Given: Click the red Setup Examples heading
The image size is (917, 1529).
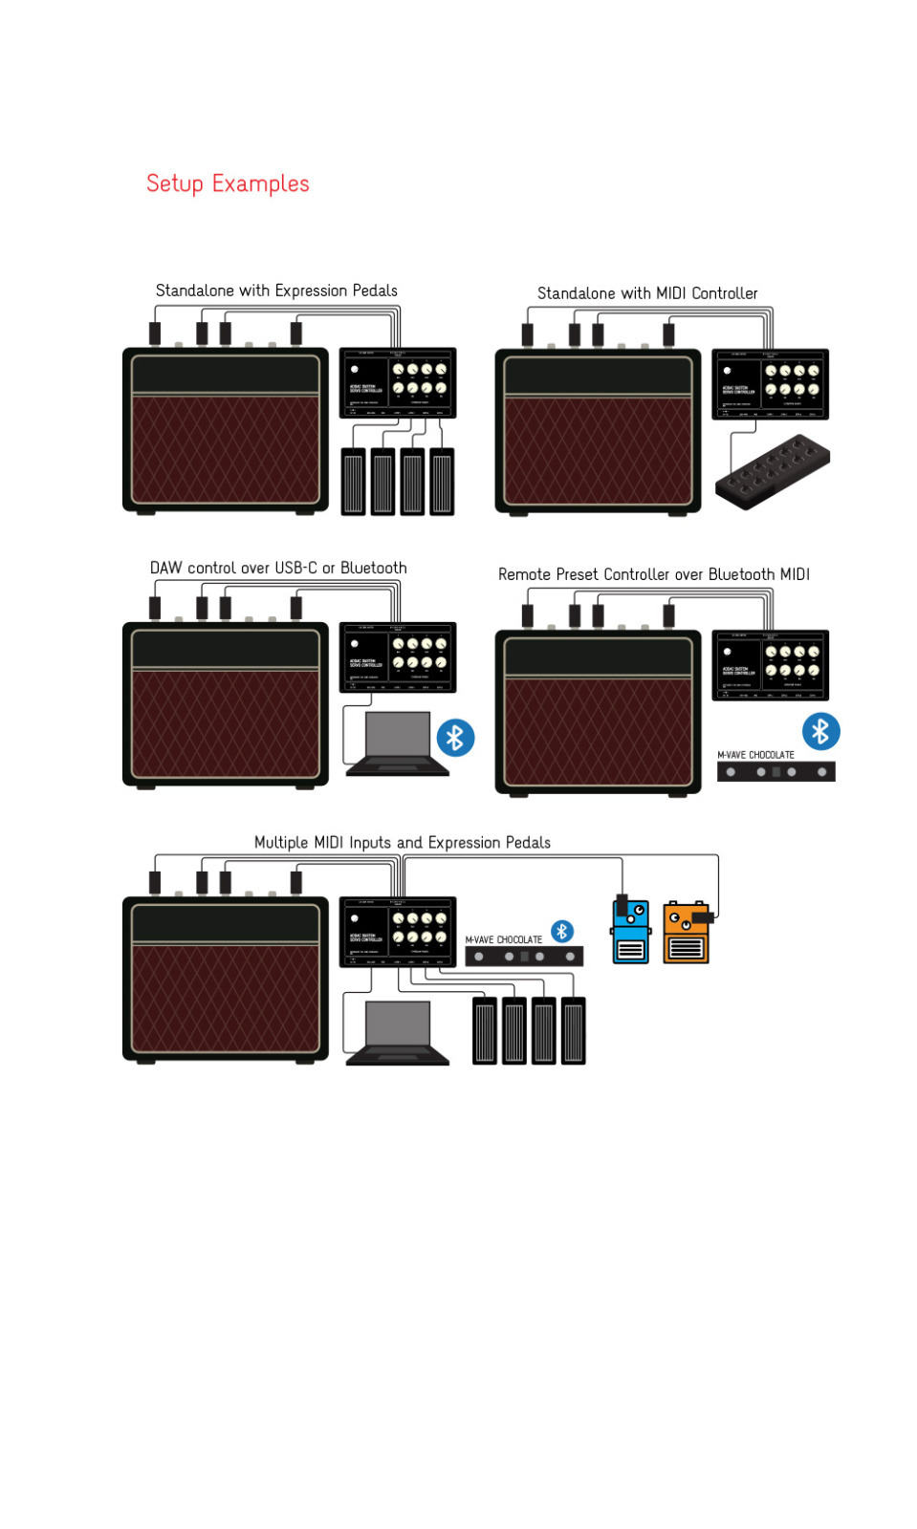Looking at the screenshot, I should [228, 183].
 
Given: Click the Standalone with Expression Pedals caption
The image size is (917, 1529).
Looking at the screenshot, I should [276, 291].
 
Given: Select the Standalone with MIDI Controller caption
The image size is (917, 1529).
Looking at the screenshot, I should [647, 293].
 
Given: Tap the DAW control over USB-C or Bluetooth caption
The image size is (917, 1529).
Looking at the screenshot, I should [278, 568].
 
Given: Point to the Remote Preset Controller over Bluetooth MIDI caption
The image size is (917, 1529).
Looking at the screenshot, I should [653, 574].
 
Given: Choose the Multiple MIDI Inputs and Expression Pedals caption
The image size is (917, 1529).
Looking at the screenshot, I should [402, 842].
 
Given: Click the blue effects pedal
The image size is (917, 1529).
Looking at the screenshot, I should [631, 932].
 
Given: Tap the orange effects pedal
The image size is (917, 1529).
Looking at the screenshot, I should [687, 933].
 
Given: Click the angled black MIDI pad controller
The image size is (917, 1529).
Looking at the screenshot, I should [773, 471].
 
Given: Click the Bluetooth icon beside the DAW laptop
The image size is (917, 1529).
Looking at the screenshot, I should [455, 738].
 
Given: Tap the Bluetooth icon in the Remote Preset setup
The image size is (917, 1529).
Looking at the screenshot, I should [820, 732].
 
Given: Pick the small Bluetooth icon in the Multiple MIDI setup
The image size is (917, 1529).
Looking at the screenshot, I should [562, 931].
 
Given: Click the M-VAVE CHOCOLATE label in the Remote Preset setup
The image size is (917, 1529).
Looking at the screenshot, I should [755, 755].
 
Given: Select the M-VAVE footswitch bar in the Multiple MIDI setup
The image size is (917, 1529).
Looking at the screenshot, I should [524, 957].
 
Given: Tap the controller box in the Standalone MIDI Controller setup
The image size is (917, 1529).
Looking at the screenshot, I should [770, 384].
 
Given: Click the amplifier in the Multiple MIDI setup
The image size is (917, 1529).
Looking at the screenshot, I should [226, 979].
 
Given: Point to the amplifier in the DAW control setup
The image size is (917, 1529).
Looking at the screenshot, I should [226, 704].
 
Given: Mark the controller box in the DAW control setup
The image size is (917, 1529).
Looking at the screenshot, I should [398, 657].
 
